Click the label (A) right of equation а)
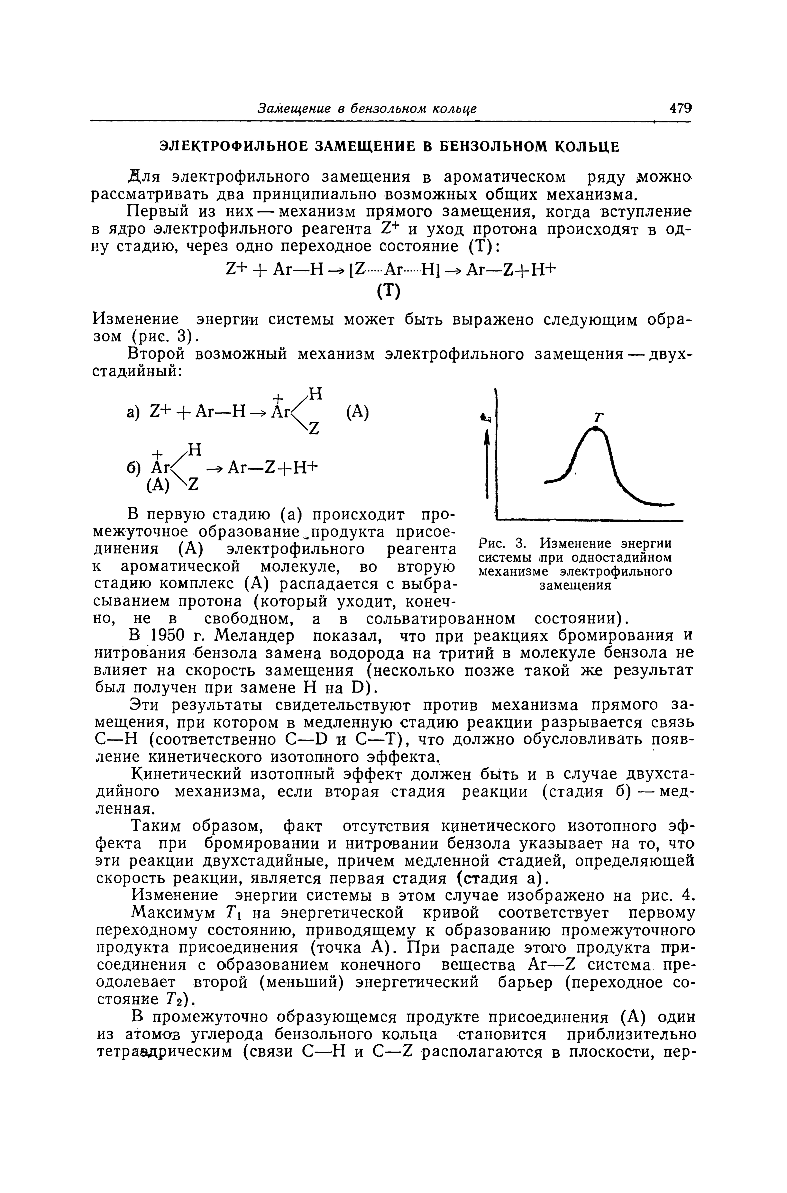coord(357,413)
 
